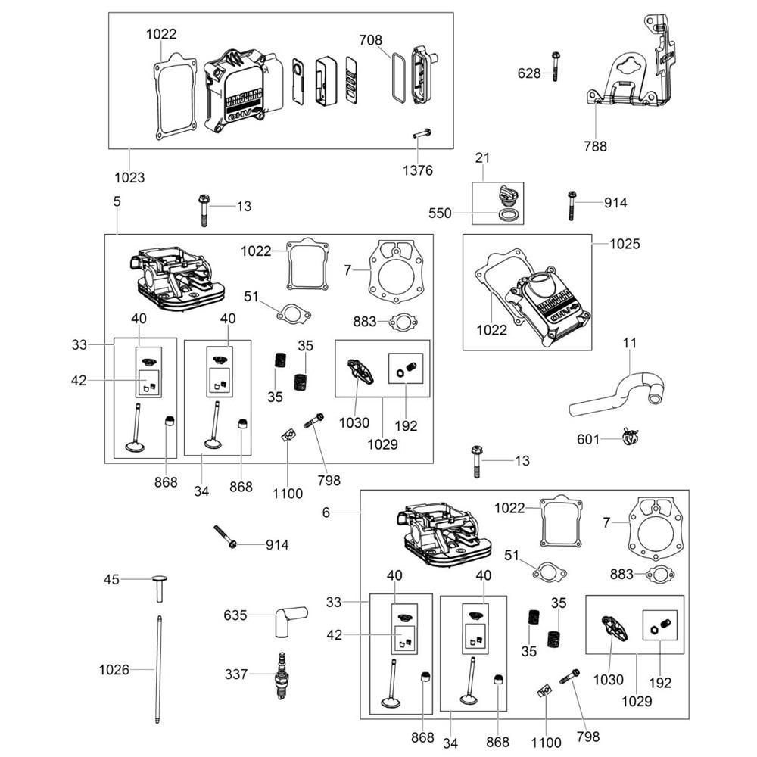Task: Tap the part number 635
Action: [235, 615]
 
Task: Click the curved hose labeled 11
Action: [618, 394]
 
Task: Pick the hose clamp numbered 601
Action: [630, 438]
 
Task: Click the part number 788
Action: [596, 147]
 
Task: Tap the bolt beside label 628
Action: [555, 67]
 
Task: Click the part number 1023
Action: [129, 177]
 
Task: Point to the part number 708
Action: [371, 39]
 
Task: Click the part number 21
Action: [483, 157]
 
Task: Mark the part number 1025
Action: [625, 244]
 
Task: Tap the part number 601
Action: [588, 439]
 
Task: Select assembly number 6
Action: [326, 512]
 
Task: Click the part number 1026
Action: [114, 669]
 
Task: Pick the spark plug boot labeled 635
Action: [288, 618]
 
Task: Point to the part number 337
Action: [235, 674]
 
